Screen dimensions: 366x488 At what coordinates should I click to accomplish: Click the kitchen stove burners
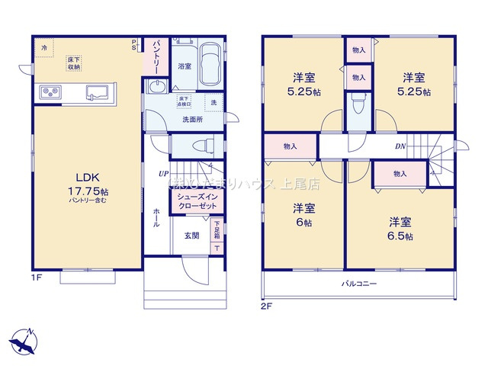click(x=51, y=94)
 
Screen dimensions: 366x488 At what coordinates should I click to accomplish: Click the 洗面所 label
click(x=191, y=120)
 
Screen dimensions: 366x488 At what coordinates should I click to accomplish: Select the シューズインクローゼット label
click(x=197, y=201)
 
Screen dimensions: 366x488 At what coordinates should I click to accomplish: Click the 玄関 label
click(x=191, y=236)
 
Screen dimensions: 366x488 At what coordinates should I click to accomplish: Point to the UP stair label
click(x=164, y=175)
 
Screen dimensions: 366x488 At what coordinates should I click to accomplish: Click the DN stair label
click(x=400, y=146)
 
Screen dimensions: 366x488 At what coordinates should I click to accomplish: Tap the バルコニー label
click(x=358, y=284)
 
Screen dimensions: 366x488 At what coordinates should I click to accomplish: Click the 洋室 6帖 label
click(x=304, y=216)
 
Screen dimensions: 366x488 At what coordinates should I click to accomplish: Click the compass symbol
click(x=25, y=339)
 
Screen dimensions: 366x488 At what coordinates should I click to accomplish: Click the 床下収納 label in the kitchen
click(x=74, y=63)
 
